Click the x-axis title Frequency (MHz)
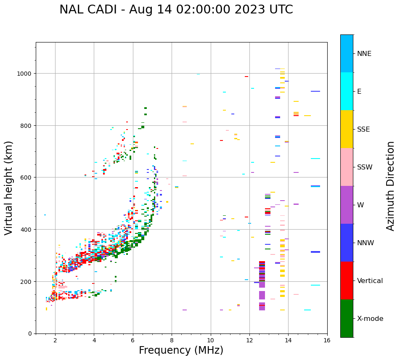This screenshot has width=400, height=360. (x=181, y=350)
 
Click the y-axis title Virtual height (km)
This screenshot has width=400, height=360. (x=9, y=188)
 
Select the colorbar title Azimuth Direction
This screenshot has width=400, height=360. (x=391, y=186)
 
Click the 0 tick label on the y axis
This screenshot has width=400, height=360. (x=29, y=334)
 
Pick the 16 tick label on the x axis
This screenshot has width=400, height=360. (x=327, y=341)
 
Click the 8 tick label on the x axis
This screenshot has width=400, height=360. (x=172, y=341)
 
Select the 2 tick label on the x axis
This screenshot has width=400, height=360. (x=55, y=341)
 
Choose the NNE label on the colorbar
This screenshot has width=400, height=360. (x=364, y=54)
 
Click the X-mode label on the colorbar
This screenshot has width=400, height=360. (x=370, y=319)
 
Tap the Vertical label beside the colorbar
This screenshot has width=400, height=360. (x=370, y=281)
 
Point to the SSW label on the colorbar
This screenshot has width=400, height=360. (x=365, y=167)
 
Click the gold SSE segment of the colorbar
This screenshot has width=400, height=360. (x=347, y=129)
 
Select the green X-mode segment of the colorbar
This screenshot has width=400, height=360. (x=347, y=318)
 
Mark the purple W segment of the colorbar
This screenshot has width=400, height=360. (x=347, y=205)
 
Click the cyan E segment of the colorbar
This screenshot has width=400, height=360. (x=347, y=91)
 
